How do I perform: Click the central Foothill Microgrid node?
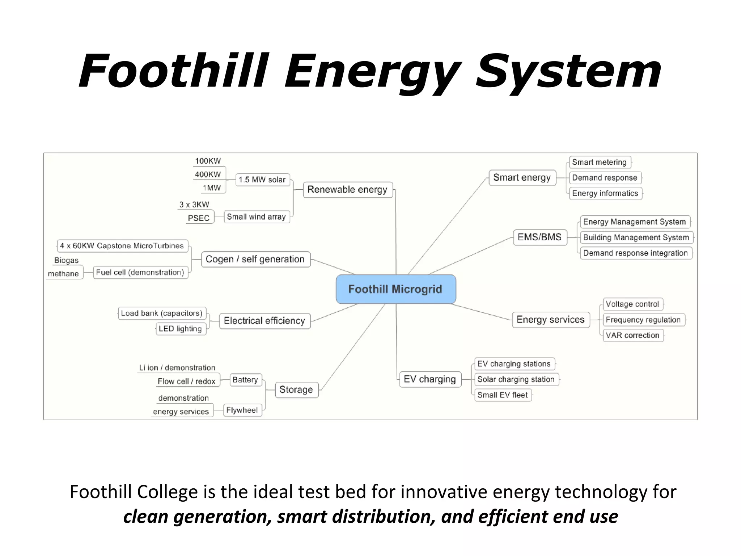coord(395,289)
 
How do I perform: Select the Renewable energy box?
coord(347,189)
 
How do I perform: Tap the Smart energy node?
coord(522,177)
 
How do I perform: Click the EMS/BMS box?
coord(539,237)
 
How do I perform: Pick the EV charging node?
coord(429,379)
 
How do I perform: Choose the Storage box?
coord(296,389)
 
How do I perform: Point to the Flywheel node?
coord(242,410)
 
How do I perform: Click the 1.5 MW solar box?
coord(262,180)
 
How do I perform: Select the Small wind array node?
coord(256,217)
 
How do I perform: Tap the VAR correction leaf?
coord(632,335)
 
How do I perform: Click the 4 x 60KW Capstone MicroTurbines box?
coord(122,246)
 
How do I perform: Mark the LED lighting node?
coord(180,329)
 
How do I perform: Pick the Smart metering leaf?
coord(599,162)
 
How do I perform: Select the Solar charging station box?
coord(516,379)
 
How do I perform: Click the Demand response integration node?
coord(635,253)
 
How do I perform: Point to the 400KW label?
coord(208,174)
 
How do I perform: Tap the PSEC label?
coord(199,218)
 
